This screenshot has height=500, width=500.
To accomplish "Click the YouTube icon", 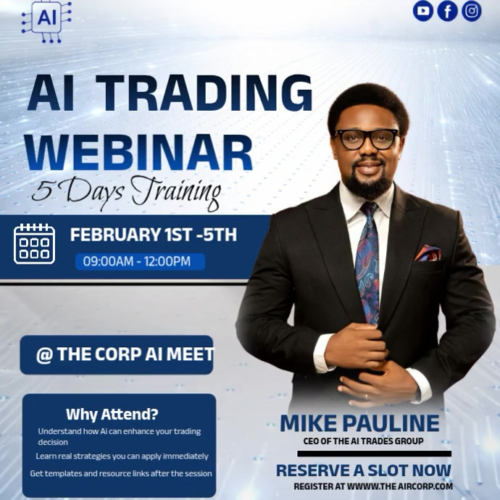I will click(x=423, y=11).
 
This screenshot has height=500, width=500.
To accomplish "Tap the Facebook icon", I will click(x=447, y=11).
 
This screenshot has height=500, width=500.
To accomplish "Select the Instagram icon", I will click(x=472, y=11).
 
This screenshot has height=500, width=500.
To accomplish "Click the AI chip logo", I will click(x=47, y=20).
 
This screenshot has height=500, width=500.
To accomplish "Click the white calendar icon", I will click(x=35, y=243).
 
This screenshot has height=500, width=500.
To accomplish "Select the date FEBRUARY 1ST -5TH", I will click(x=154, y=235).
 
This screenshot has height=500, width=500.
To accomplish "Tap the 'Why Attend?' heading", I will click(x=112, y=414).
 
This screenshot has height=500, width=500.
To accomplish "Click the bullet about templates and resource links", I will click(x=121, y=473).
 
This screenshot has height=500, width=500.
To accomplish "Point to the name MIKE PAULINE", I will click(x=359, y=423).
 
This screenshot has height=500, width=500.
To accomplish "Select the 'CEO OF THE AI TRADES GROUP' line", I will click(x=362, y=441).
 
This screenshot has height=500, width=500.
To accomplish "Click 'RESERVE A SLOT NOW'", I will click(x=363, y=470).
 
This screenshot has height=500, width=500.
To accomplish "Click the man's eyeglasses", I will click(x=367, y=138).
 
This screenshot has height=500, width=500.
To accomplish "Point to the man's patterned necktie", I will click(x=369, y=261).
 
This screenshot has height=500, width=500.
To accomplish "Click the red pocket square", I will click(x=427, y=253).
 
